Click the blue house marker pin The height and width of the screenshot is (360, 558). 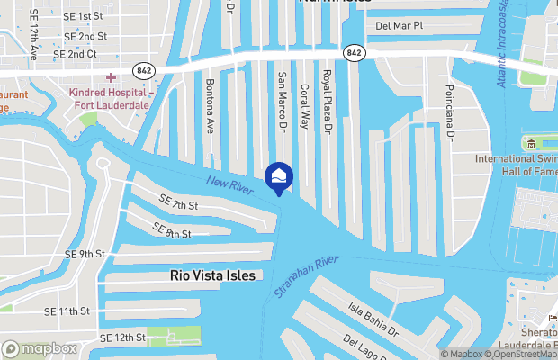click(278, 177)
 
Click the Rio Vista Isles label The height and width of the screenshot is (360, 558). click(212, 275)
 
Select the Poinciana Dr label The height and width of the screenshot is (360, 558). click(449, 112)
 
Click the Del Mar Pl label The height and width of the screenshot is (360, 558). click(400, 26)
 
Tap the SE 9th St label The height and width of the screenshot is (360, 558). click(85, 254)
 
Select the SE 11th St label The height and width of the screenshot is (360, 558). click(67, 310)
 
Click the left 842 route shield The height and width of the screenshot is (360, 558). click(143, 69)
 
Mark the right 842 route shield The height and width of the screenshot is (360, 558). click(354, 53)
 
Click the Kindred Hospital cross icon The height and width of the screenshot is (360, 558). click(111, 79)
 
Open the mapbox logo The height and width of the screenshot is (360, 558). click(40, 348)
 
